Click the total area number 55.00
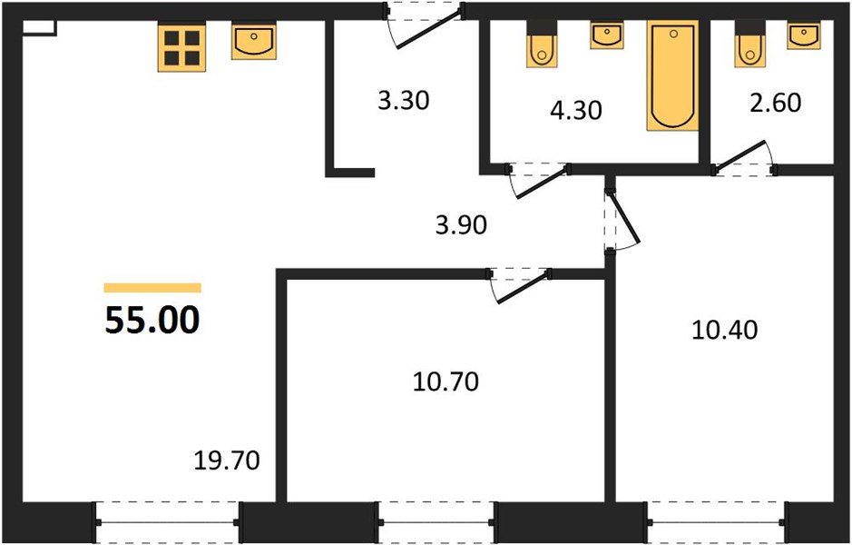(x=152, y=321)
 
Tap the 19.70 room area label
(x=227, y=461)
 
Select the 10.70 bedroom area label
(x=446, y=381)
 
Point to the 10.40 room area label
(x=725, y=330)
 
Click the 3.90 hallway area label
(x=461, y=224)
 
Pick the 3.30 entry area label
(x=404, y=101)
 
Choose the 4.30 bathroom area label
(x=576, y=111)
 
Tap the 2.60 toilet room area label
(x=776, y=103)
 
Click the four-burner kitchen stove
(x=182, y=48)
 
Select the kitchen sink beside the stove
(x=254, y=42)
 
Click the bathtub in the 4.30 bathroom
(x=672, y=75)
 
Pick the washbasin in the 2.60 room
(x=804, y=36)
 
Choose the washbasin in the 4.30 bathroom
(x=606, y=36)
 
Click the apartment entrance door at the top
(x=425, y=26)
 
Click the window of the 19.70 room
(x=167, y=522)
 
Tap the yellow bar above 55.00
(x=152, y=288)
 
